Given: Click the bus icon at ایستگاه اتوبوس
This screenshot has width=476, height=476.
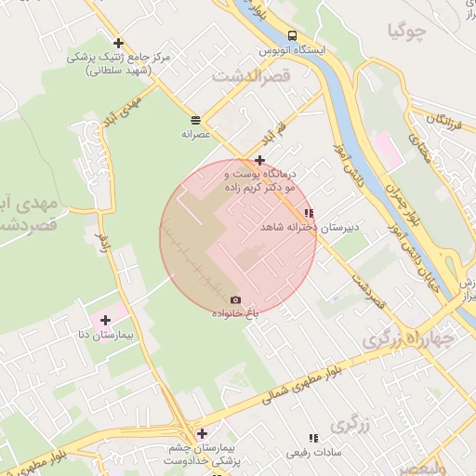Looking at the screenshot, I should pyautogui.click(x=293, y=35).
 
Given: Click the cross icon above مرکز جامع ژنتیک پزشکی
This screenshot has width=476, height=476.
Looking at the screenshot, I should pyautogui.click(x=118, y=43).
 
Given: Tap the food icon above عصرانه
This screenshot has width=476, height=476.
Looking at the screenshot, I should pyautogui.click(x=196, y=120).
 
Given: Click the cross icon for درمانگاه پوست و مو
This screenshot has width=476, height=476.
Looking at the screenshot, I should pyautogui.click(x=259, y=160).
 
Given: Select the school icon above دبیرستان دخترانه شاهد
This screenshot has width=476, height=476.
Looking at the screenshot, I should pyautogui.click(x=309, y=213).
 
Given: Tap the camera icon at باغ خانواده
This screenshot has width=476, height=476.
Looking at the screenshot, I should pyautogui.click(x=235, y=299).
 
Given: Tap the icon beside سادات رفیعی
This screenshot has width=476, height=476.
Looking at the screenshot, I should pyautogui.click(x=312, y=438).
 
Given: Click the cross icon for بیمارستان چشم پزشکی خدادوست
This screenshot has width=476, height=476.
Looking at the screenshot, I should pyautogui.click(x=202, y=432).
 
